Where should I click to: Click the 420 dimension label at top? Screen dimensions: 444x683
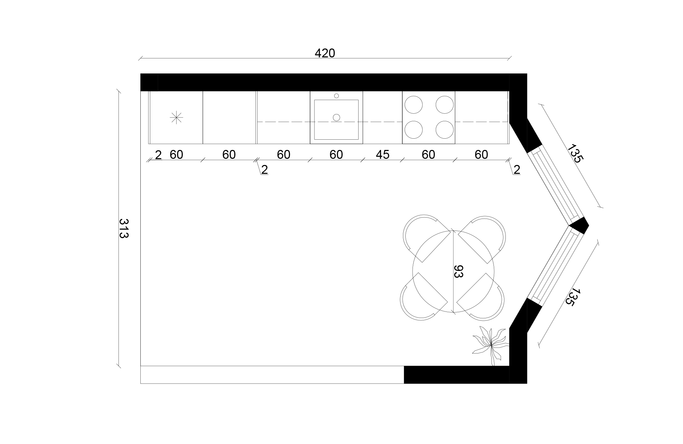pos(324,53)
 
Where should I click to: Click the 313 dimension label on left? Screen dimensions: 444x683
pos(123,228)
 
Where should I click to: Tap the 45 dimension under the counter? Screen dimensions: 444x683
pos(382,155)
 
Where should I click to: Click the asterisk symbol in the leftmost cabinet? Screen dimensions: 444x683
pos(176,117)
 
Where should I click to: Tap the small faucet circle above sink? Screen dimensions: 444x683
pos(336,96)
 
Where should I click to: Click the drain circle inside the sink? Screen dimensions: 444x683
pos(336,117)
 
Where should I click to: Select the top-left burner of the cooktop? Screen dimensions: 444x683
pos(413,105)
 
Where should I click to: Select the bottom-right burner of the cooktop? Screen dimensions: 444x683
pos(445,130)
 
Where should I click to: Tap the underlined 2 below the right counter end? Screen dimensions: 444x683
pos(517,170)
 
